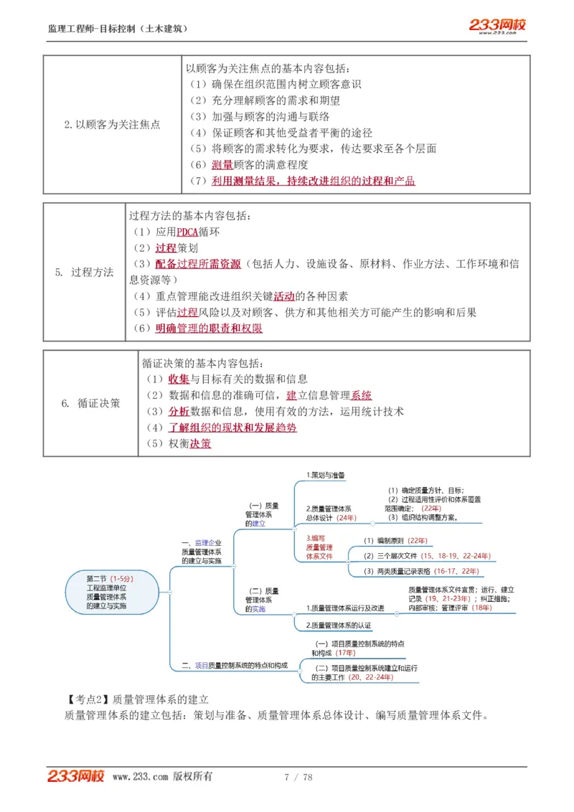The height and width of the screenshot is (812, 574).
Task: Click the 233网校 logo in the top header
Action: click(497, 26)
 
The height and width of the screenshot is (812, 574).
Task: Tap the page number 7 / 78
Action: click(298, 777)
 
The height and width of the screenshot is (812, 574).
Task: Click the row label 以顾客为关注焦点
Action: click(112, 124)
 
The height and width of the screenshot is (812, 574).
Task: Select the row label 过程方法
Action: click(85, 272)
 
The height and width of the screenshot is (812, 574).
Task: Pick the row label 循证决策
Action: click(90, 403)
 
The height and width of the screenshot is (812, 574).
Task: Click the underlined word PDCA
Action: click(187, 232)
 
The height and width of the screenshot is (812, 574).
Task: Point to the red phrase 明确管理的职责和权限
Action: click(209, 329)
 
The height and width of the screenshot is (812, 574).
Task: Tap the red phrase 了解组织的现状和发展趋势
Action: click(232, 428)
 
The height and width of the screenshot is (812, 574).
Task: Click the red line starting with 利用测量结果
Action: click(313, 181)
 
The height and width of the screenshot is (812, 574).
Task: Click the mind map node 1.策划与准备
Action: click(326, 475)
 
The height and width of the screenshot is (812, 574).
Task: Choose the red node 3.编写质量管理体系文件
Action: click(319, 547)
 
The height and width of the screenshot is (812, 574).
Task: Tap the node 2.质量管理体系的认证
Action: click(339, 625)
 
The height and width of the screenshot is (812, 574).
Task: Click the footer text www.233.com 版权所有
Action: click(162, 777)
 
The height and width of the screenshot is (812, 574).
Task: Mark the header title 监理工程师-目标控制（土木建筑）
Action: click(118, 29)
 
